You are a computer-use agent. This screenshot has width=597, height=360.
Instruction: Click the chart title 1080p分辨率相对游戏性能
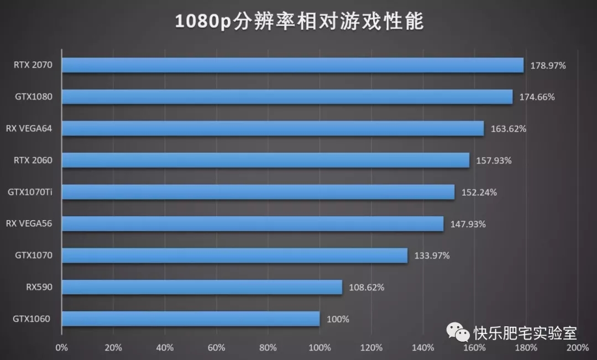coord(299,22)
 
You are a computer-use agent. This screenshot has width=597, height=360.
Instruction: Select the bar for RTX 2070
coord(292,65)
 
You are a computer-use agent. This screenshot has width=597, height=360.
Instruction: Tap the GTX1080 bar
coord(287,97)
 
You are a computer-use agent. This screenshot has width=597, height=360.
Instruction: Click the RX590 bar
coord(202,287)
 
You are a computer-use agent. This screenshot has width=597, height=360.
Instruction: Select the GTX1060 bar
coord(191,319)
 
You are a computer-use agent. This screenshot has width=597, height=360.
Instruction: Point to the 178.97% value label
coord(548,65)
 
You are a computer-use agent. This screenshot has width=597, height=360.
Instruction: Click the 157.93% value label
coord(494,160)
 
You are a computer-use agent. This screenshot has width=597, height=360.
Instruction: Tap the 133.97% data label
coord(432,255)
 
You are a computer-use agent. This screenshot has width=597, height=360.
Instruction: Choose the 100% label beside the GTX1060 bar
coord(338,319)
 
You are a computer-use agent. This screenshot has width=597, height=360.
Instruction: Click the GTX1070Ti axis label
coord(30,192)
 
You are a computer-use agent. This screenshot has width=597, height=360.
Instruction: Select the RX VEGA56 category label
coord(29,224)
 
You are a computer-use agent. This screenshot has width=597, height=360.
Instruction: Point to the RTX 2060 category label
coord(33,160)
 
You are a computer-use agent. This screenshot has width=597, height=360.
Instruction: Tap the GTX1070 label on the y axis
coord(34,255)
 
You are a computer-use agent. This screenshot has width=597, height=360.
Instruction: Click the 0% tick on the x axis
coord(62,348)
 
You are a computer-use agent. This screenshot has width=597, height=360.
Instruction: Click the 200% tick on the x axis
coord(577,348)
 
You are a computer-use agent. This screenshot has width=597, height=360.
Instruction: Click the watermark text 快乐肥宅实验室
coord(525,333)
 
